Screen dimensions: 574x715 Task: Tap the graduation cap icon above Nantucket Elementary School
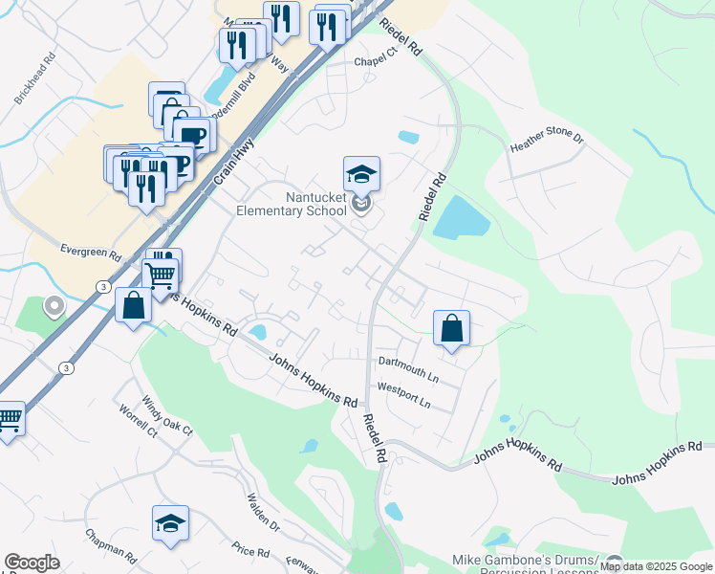[361, 175]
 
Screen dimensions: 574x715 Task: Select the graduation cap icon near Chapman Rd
[170, 523]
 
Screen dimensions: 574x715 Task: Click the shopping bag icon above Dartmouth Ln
[451, 328]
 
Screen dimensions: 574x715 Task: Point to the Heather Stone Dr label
[547, 144]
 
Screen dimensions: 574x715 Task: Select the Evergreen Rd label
[90, 255]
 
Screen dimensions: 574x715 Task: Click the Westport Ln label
[404, 395]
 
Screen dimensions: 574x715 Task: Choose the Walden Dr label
[262, 512]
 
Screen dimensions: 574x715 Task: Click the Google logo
[32, 563]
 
